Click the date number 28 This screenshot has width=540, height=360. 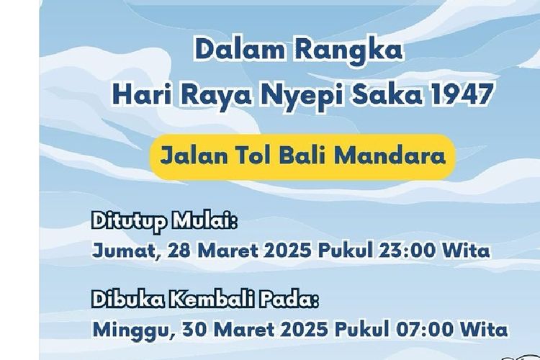175,251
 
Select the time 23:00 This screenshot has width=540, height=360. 417,251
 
